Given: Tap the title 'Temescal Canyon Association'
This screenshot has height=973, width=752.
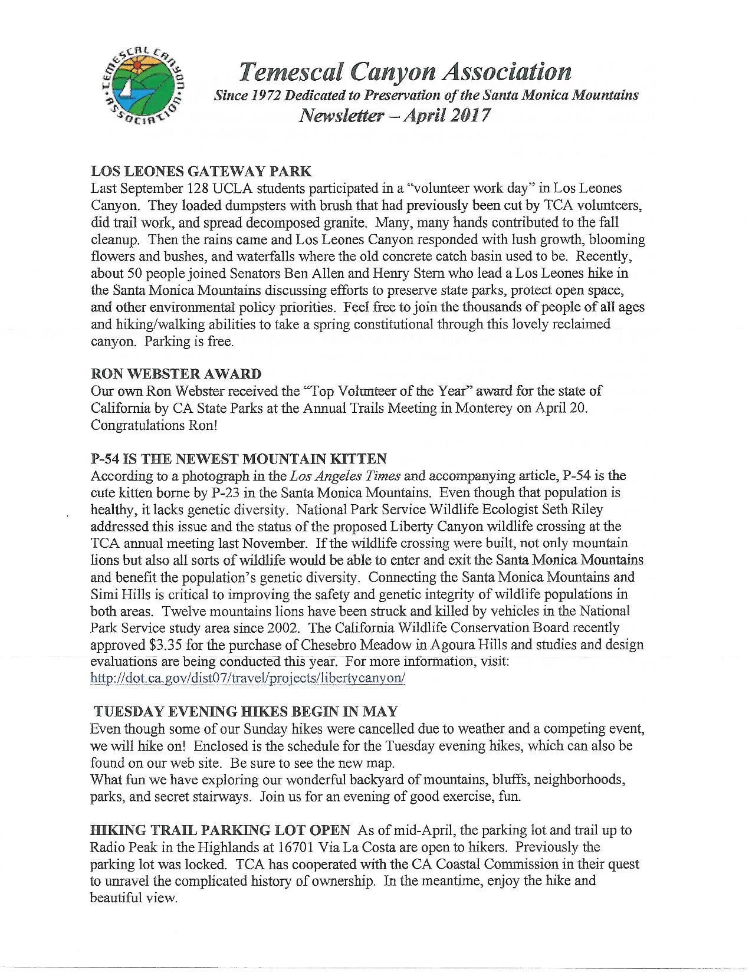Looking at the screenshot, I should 405,72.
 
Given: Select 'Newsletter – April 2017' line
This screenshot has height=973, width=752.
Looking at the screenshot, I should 395,114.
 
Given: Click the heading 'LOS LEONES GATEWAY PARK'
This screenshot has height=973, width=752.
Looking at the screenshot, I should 201,172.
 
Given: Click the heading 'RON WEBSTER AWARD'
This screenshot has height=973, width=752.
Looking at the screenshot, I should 176,374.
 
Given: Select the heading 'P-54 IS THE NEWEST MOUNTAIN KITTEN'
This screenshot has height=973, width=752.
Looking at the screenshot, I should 238,458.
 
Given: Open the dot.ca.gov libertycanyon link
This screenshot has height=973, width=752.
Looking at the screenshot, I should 248,678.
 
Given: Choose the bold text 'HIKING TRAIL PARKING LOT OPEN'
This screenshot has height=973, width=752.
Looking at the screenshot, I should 220,830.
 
